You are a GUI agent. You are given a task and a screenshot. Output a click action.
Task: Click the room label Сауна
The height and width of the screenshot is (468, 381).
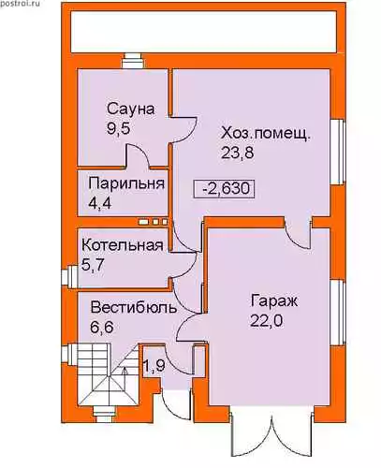131,110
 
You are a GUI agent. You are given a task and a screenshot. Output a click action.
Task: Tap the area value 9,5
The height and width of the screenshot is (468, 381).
118,128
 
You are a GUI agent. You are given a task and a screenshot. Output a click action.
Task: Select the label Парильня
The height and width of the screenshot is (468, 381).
126,183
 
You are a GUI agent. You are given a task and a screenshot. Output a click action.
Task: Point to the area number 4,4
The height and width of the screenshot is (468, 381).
100,203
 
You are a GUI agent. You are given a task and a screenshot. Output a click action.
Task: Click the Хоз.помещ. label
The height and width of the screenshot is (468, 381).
266,135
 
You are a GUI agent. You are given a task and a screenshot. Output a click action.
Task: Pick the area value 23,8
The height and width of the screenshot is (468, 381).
238,153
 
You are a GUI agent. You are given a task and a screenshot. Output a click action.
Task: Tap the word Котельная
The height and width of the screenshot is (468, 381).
123,245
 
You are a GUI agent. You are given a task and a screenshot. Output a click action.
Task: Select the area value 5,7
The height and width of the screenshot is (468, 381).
93,265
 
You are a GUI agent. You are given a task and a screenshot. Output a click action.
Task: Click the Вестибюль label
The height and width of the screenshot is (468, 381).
134,308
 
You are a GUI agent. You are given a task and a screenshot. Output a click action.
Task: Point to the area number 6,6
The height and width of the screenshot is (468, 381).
102,328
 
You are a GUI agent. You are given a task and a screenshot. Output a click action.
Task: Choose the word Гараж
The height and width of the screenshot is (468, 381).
274,301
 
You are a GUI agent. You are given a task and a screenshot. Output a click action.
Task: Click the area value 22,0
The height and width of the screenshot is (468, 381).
267,320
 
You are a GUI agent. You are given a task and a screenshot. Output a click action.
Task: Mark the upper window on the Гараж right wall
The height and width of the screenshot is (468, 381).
337,313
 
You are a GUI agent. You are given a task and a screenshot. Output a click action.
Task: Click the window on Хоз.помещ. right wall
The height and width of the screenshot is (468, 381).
337,152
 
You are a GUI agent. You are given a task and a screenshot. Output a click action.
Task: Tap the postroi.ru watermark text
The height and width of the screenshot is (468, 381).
20,4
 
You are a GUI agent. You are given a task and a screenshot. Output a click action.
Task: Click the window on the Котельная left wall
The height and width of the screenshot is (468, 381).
68,276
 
